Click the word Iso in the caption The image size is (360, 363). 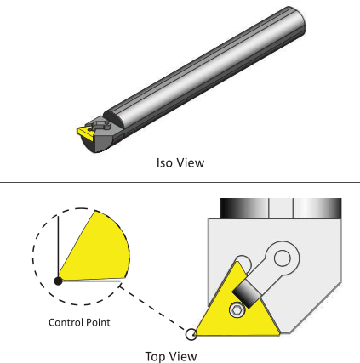164,163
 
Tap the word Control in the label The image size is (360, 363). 66,322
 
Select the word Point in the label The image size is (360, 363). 98,322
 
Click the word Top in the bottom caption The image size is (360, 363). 156,357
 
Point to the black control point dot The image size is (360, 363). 58,281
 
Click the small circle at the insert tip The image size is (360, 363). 191,334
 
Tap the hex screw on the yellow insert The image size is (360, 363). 237,310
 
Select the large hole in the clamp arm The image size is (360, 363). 283,258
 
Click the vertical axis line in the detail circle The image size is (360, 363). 58,247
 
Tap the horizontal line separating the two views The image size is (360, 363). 180,182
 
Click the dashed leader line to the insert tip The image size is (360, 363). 153,309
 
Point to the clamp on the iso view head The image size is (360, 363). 100,125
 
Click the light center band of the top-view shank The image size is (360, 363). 281,208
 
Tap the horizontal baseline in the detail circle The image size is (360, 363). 90,281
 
